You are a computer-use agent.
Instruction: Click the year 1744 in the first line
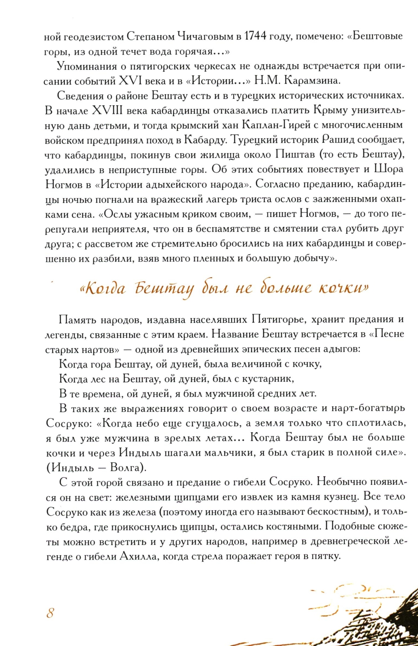coord(255,37)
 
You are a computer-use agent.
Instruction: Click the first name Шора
coord(389,169)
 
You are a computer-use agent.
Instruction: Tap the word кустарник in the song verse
coord(266,379)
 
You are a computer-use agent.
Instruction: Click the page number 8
coord(51,613)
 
